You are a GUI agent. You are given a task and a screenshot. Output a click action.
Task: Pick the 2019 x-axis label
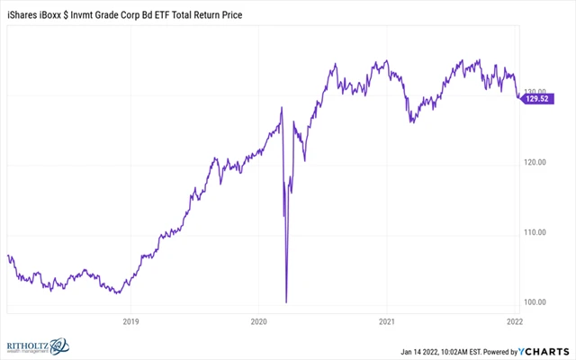[130, 321]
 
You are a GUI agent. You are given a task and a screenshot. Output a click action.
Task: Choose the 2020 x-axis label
[258, 321]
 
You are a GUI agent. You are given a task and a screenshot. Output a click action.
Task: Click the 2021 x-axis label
[387, 321]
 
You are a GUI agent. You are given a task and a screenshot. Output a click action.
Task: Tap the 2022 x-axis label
[515, 321]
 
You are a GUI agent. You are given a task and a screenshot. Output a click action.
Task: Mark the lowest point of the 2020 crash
[286, 301]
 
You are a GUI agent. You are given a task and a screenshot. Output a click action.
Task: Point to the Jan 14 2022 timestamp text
[425, 349]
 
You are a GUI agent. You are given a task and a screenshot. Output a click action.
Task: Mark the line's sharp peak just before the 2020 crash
[282, 109]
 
